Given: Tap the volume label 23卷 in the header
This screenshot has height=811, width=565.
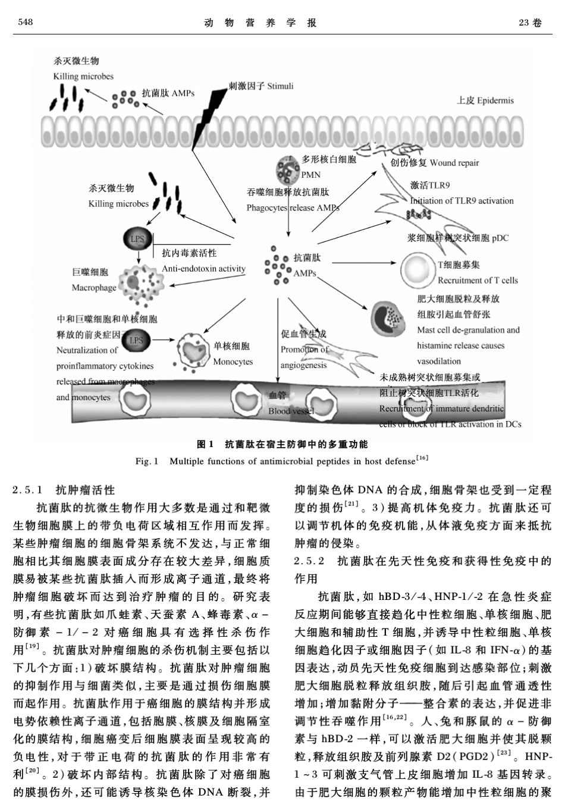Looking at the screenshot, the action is pos(530,23).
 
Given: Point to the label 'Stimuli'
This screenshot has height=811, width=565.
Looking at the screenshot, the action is pos(280,86).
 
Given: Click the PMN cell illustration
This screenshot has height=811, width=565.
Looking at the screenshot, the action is pos(288,168).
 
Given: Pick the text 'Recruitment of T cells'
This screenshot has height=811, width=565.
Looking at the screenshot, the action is pos(478,281).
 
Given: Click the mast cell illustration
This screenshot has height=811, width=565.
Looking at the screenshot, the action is pos(387,318).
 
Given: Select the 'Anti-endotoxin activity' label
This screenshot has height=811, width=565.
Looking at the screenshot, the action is pos(203,269).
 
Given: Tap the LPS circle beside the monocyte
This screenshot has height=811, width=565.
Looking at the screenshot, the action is pos(136,340).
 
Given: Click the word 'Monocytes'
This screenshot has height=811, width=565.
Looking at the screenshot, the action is pos(233,362).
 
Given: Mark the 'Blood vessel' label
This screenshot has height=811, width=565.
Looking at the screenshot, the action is pos(291,411).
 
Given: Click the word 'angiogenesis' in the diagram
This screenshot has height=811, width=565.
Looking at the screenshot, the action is pos(303,365).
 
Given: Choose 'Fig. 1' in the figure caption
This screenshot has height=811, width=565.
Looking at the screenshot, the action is pos(146,461).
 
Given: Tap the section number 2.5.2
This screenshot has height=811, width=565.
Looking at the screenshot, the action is pos(310,561).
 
